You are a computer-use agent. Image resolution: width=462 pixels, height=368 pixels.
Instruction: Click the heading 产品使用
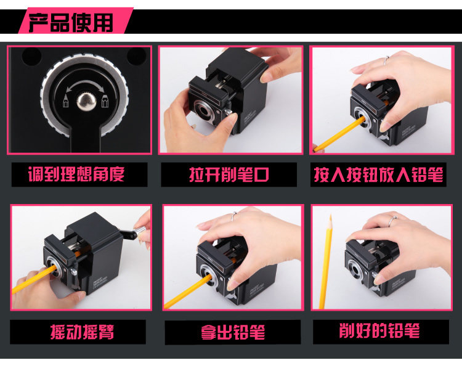tap(71, 22)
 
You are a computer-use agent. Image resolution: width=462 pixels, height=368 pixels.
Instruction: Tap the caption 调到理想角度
tap(76, 174)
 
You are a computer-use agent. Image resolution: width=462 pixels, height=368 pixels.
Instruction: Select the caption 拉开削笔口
tap(229, 174)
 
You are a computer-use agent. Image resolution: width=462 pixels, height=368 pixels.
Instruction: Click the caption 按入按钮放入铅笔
tap(378, 174)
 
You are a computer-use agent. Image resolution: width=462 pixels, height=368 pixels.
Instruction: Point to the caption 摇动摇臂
tap(82, 332)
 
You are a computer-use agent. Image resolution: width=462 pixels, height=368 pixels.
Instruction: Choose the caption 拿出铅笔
tap(233, 332)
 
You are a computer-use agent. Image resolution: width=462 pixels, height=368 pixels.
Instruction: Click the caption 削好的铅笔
tap(379, 330)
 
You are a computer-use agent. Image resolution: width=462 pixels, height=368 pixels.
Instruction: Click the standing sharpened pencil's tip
tap(331, 216)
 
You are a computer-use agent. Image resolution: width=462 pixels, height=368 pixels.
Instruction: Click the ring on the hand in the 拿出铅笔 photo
tap(233, 216)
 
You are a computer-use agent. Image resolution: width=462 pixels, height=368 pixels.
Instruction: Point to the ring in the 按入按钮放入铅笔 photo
tap(386, 60)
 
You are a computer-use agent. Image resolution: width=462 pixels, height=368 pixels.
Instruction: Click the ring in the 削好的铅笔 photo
tap(393, 220)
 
